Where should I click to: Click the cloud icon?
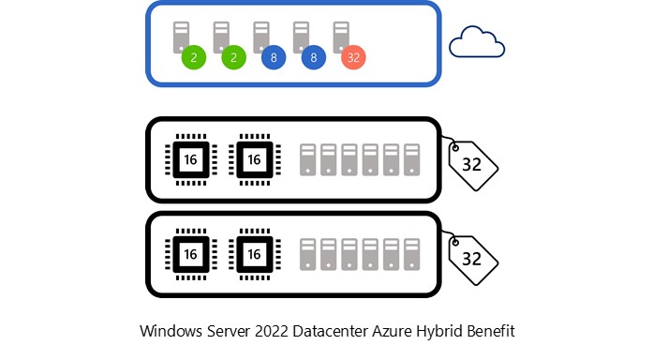477,43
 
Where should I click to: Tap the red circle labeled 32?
353,57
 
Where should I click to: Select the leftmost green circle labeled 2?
194,57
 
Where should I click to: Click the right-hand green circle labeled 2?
234,57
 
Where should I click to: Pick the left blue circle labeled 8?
274,57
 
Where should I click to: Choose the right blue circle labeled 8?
314,57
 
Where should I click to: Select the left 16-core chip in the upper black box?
190,159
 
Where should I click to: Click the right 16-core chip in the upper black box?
253,159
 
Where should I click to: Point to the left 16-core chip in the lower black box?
190,254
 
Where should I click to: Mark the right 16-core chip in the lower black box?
253,254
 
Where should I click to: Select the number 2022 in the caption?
271,332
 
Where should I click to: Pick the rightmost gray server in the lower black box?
411,254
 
